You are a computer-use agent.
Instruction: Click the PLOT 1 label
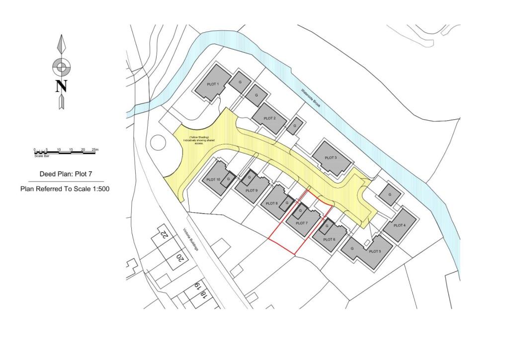[x=213, y=85]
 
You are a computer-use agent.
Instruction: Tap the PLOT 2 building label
[x=269, y=118]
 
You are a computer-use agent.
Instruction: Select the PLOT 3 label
[x=331, y=158]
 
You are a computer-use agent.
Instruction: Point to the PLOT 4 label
[x=399, y=225]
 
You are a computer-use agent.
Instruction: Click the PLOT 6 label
[x=329, y=239]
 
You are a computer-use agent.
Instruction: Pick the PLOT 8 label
[x=271, y=203]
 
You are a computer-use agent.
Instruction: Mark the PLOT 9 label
[x=252, y=190]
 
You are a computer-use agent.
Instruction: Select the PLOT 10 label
[x=213, y=180]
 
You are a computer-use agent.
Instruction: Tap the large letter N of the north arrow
[x=61, y=86]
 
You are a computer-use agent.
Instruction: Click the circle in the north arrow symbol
[x=61, y=66]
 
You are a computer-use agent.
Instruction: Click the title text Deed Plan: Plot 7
[x=65, y=174]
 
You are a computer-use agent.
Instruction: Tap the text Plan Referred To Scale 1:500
[x=65, y=189]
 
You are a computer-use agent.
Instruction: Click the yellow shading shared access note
[x=198, y=140]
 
